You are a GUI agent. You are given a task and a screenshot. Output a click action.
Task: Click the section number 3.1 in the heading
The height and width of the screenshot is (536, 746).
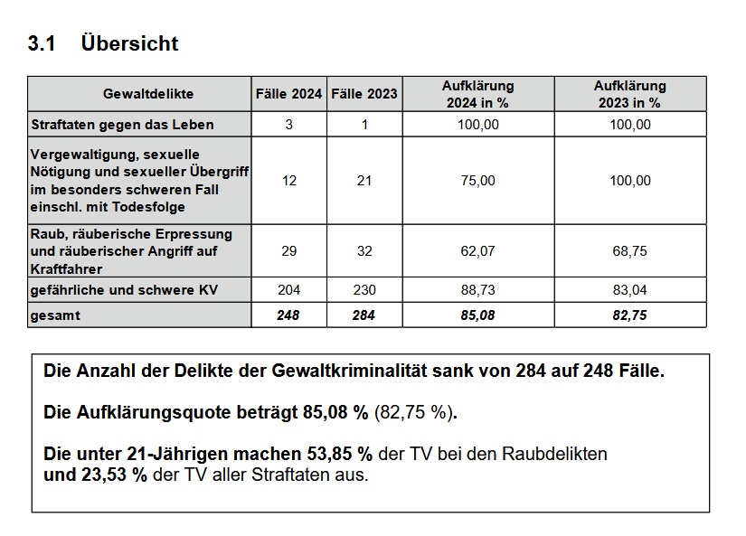tap(42, 43)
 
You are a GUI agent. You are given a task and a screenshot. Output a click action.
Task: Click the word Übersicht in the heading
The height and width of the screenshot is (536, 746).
tap(129, 42)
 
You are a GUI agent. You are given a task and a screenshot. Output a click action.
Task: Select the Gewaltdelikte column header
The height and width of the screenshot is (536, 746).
tap(148, 94)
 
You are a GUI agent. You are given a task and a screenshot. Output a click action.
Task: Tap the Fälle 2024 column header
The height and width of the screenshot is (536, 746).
tap(288, 94)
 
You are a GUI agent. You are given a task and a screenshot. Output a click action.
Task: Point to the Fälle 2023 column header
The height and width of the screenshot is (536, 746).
tap(364, 94)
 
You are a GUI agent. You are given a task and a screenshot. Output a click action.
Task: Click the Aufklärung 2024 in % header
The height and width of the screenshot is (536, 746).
tap(478, 94)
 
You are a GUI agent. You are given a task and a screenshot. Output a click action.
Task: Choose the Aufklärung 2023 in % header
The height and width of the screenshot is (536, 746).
tap(630, 94)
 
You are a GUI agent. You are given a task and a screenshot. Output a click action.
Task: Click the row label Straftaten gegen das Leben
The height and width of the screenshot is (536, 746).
tap(122, 125)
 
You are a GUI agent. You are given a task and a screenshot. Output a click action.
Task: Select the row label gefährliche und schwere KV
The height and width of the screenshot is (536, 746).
tap(124, 289)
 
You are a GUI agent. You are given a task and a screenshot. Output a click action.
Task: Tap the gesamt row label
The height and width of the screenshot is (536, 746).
tap(55, 315)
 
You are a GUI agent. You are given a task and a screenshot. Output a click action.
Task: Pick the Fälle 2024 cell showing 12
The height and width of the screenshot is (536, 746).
tap(289, 181)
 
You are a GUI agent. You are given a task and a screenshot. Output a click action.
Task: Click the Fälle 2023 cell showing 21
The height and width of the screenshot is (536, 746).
tap(364, 181)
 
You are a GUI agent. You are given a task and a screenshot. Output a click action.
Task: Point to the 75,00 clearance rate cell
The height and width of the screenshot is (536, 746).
tap(478, 181)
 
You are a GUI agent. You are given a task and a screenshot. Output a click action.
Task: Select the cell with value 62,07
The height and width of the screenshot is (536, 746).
tap(478, 251)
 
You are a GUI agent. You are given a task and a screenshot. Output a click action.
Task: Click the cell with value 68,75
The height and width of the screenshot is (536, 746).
tap(630, 251)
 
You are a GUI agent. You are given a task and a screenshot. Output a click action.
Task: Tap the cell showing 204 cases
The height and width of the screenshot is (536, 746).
tap(288, 289)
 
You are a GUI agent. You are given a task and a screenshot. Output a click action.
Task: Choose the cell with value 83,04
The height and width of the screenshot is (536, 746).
tap(630, 289)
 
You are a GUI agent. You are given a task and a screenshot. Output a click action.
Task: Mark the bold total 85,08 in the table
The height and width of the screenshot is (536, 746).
tap(477, 315)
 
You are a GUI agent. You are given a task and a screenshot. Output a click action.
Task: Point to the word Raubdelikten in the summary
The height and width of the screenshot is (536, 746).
tap(554, 454)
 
